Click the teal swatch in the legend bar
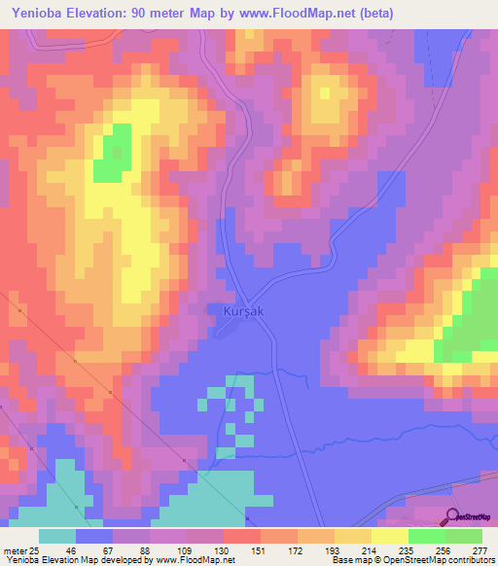(x=57, y=536)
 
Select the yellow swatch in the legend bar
(x=389, y=536)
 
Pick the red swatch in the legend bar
(x=241, y=536)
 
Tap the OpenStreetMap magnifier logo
(x=452, y=517)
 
